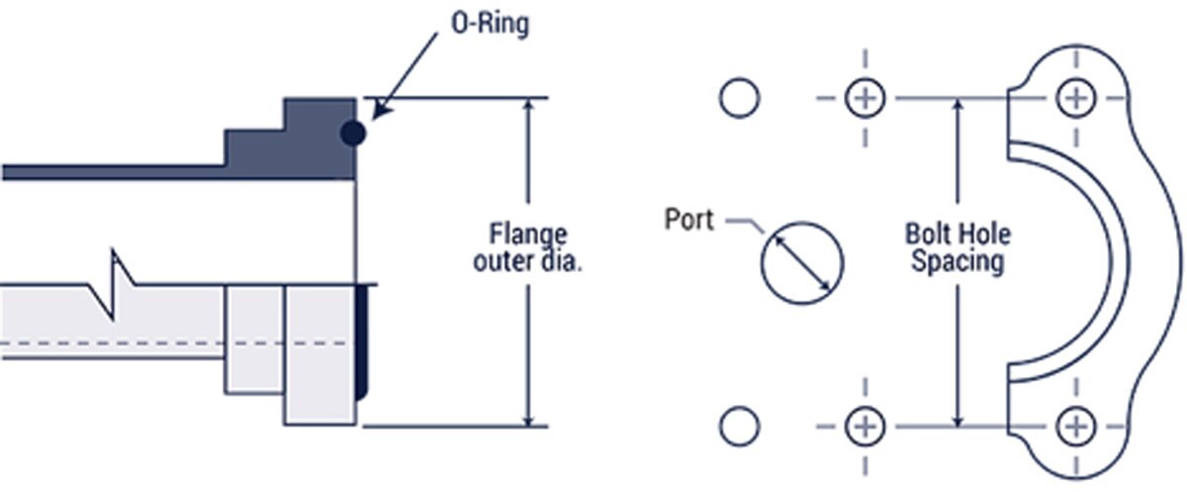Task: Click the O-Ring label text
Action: (x=489, y=23)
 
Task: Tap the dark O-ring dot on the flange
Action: (x=351, y=133)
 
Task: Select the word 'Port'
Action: (x=688, y=219)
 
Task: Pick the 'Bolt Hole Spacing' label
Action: (x=958, y=248)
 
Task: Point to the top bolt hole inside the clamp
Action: (x=1074, y=98)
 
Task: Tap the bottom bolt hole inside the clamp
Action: (x=1074, y=427)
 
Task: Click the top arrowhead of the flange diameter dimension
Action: (x=531, y=107)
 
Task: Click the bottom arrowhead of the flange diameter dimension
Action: (x=531, y=418)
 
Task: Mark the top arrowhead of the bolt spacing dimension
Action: (x=958, y=107)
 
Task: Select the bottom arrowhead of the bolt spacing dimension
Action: (x=958, y=418)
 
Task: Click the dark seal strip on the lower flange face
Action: (x=361, y=342)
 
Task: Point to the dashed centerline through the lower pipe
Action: (x=148, y=343)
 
